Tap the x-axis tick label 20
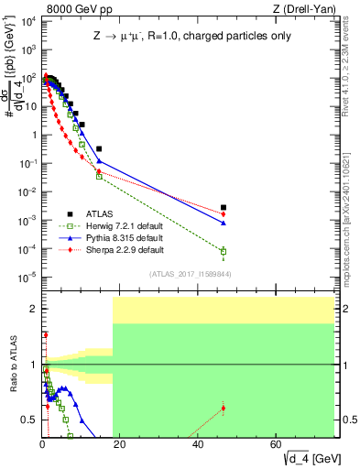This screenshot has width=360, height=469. (x=120, y=443)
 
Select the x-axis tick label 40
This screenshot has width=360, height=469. (x=198, y=443)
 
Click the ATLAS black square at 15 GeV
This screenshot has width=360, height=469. (x=99, y=148)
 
